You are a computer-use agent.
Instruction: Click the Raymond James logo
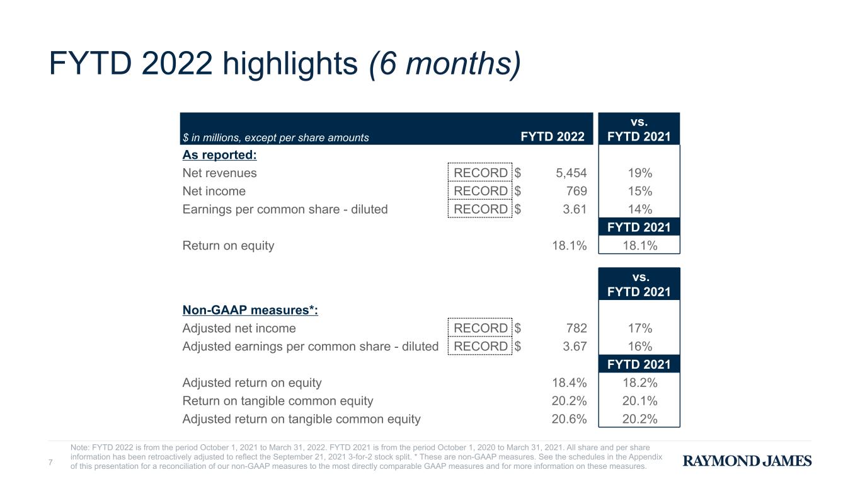coord(747,461)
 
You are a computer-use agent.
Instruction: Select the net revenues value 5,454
coord(571,173)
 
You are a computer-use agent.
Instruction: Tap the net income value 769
coord(576,192)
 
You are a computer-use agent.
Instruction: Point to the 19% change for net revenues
coord(639,173)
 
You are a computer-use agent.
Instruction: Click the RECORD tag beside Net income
coord(480,191)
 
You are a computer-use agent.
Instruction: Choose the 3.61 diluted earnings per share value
coord(575,209)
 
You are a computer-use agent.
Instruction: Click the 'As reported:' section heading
coord(220,155)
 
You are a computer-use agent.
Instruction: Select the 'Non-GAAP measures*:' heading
coord(250,310)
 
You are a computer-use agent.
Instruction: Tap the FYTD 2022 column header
coord(553,137)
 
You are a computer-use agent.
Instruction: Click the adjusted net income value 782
coord(576,328)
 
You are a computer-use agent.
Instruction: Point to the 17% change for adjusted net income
coord(639,328)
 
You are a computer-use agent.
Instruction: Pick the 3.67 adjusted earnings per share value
coord(575,347)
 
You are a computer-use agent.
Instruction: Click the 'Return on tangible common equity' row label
coord(278,401)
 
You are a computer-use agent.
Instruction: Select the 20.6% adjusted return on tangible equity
coord(569,419)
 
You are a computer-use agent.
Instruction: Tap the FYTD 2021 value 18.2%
coord(639,383)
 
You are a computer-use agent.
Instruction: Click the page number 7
coord(50,463)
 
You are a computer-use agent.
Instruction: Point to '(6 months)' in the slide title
coord(445,64)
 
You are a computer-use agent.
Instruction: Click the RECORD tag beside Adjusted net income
coord(480,328)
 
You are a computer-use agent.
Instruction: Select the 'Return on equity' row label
coord(228,246)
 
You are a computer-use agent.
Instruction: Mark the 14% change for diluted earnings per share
coord(639,209)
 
